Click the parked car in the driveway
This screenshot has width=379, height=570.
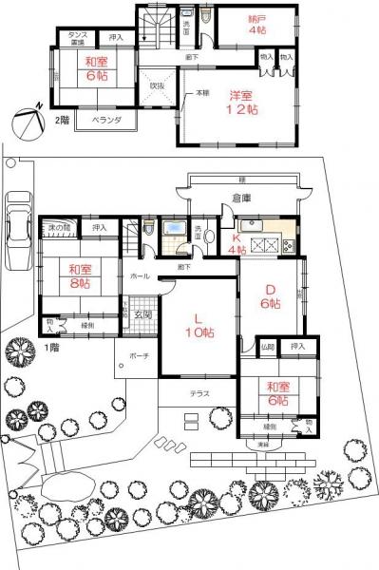[x=18, y=219]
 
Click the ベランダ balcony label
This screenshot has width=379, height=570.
[x=105, y=121]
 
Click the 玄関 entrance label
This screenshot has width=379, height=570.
[x=142, y=314]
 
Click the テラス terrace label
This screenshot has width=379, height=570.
[x=199, y=393]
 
